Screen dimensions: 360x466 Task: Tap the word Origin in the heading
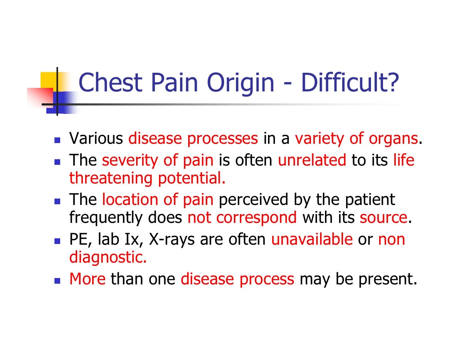click(x=240, y=83)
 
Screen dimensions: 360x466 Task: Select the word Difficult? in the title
click(x=350, y=82)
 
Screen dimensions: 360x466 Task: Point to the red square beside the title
click(x=39, y=97)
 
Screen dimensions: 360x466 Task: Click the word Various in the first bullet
click(x=96, y=139)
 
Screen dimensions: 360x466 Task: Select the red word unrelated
click(x=312, y=160)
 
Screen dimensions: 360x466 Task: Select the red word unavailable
click(x=312, y=239)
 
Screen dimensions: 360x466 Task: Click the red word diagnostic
click(x=108, y=257)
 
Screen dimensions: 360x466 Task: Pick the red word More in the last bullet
click(x=87, y=279)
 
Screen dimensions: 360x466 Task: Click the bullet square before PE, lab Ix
click(x=58, y=241)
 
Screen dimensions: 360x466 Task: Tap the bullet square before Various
click(x=58, y=140)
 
